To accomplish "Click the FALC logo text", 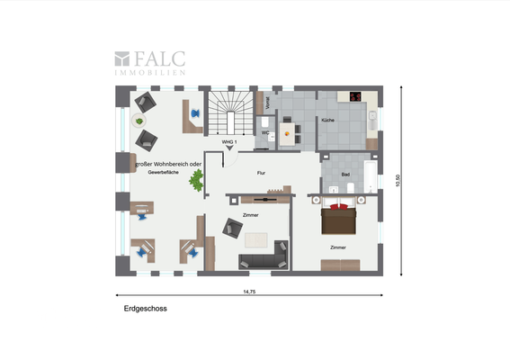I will point(159,59).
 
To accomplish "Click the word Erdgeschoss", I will point(145,308).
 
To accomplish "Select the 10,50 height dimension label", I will point(397,180).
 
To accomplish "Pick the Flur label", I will point(261,171).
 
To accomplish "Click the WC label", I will point(264,133).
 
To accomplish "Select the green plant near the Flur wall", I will point(194,181).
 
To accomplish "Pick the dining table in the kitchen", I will point(288,132).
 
